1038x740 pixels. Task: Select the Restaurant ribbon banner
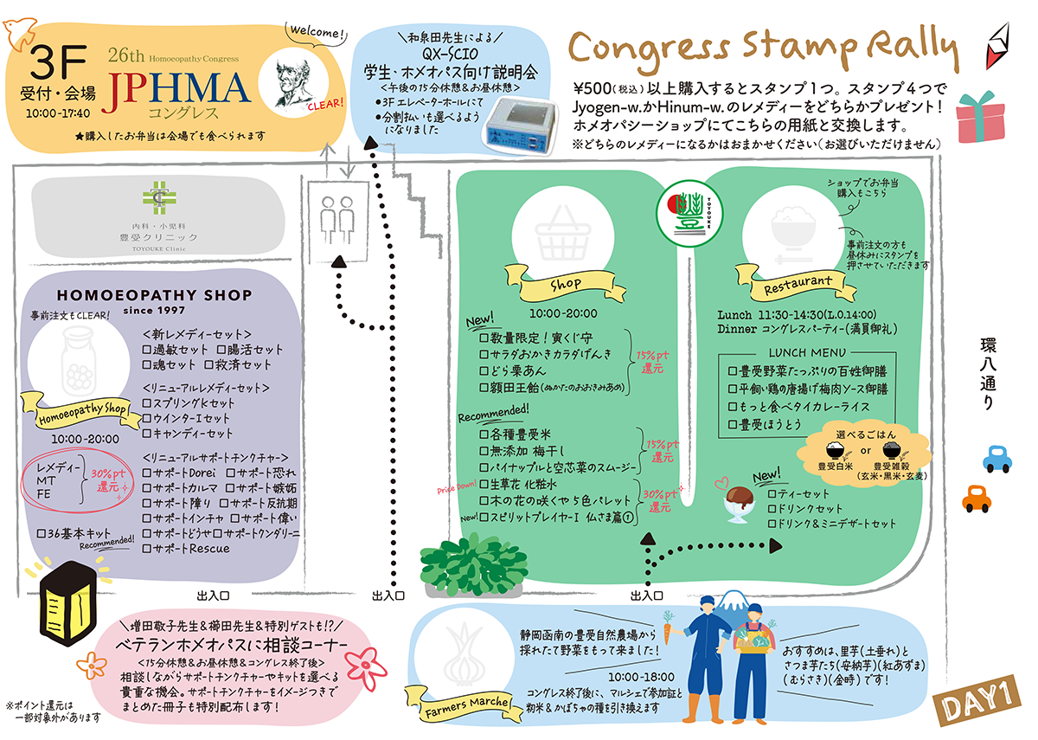[797, 282]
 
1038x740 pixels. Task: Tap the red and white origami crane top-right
[1002, 48]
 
